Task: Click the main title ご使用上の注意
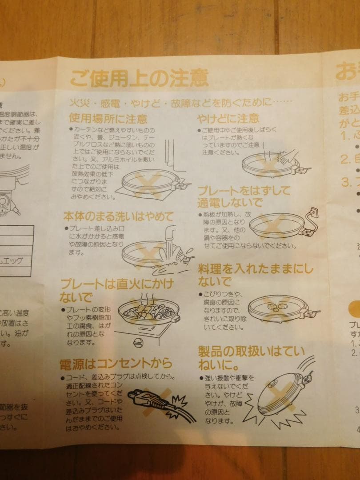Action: tap(139, 79)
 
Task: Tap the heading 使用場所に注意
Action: tap(108, 119)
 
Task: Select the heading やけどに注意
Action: tap(228, 118)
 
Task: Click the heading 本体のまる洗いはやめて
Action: tap(118, 217)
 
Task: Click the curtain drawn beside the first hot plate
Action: tap(173, 164)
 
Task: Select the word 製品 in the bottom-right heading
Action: tap(211, 352)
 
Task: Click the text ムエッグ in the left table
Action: tap(18, 261)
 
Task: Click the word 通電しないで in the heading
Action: tap(229, 203)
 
